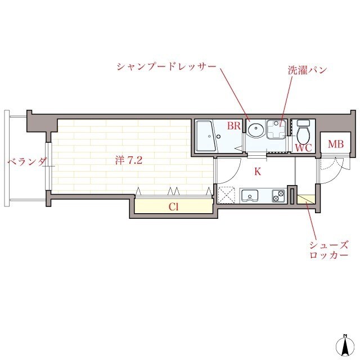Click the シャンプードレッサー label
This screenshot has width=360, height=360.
[166, 66]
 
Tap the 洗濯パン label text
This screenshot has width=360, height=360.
[307, 71]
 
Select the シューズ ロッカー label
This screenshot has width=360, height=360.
[328, 250]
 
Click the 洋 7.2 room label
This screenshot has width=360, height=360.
[129, 160]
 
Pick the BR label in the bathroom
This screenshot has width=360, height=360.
[234, 127]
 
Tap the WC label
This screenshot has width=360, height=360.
[303, 148]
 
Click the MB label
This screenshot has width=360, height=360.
[336, 145]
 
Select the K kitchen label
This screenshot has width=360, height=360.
[258, 172]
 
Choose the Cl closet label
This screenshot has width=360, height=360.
[174, 206]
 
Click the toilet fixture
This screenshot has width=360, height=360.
[304, 133]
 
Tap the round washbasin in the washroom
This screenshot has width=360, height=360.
[255, 129]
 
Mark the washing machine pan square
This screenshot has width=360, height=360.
[276, 129]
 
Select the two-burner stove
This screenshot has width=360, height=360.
[278, 196]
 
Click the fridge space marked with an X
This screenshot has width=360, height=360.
[228, 196]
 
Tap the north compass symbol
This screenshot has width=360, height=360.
[344, 344]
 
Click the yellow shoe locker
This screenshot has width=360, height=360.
[307, 199]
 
